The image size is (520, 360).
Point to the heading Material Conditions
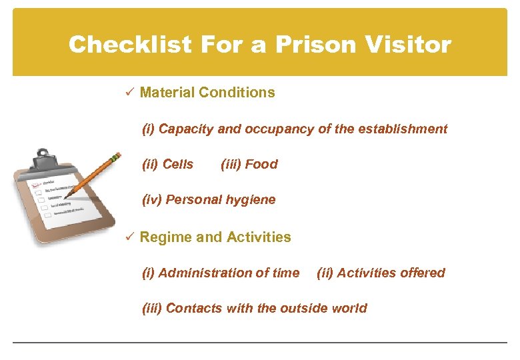(x=207, y=93)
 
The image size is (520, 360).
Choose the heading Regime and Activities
(x=215, y=237)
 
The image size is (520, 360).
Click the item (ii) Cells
(x=168, y=164)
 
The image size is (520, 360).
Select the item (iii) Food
(x=249, y=164)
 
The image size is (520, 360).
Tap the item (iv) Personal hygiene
(x=209, y=199)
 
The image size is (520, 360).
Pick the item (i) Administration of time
(x=221, y=273)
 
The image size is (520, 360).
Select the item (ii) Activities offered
(x=381, y=273)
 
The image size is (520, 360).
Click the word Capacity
(x=187, y=129)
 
